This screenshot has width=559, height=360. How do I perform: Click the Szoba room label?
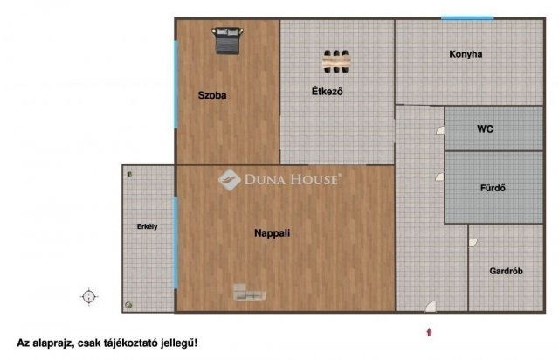coord(212,95)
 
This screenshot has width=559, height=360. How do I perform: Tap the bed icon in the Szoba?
coord(227,41)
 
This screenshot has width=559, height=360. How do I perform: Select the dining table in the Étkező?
coord(336,61)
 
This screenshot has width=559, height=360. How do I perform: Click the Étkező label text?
coord(328,91)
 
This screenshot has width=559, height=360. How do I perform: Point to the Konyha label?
coord(466,54)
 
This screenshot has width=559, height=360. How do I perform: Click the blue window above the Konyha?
coord(467,17)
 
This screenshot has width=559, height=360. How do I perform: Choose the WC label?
coord(486,128)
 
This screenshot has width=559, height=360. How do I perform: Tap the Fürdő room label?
coord(493,188)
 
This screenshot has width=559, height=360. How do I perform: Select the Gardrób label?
coord(506,271)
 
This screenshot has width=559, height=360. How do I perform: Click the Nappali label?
coord(272,233)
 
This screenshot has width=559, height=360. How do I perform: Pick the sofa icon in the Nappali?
coord(249,292)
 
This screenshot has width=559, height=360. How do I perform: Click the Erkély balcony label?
coord(148,226)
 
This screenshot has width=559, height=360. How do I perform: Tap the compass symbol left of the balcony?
coord(89,296)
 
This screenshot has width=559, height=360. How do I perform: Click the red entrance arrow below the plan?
coord(429,332)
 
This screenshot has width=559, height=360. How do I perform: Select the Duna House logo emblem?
coord(229,179)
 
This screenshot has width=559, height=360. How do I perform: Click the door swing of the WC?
coord(440,130)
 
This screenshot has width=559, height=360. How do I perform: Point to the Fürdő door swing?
coord(440,177)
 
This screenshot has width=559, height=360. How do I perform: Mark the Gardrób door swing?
coord(473,243)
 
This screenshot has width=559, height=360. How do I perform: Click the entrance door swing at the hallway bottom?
coord(431,307)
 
